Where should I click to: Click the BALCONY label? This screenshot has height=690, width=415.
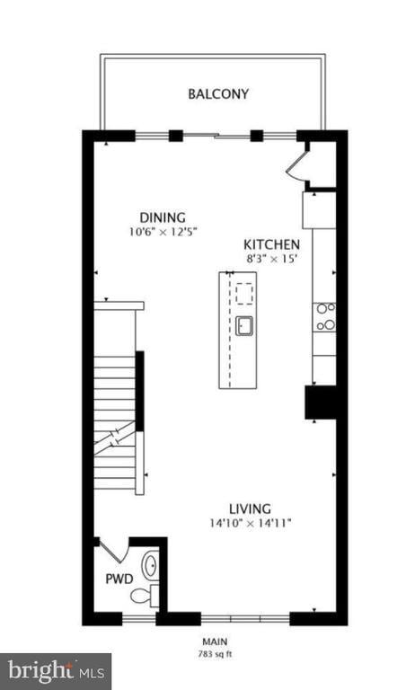218,93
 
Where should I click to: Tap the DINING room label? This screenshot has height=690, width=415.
163,217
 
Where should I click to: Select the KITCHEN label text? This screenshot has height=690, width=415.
272,244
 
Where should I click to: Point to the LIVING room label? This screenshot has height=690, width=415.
250,508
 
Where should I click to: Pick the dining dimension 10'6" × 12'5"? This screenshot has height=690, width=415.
163,231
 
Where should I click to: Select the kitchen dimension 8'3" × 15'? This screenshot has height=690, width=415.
272,259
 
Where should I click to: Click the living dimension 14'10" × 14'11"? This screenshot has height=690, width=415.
250,522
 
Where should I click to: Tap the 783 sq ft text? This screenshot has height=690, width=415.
213,653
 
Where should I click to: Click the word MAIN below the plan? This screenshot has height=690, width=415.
213,641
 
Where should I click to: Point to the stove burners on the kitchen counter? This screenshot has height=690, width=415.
324,316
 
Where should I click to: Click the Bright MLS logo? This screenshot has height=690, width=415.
55,670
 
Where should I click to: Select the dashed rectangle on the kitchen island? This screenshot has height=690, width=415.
244,290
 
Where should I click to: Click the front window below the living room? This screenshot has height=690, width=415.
244,618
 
